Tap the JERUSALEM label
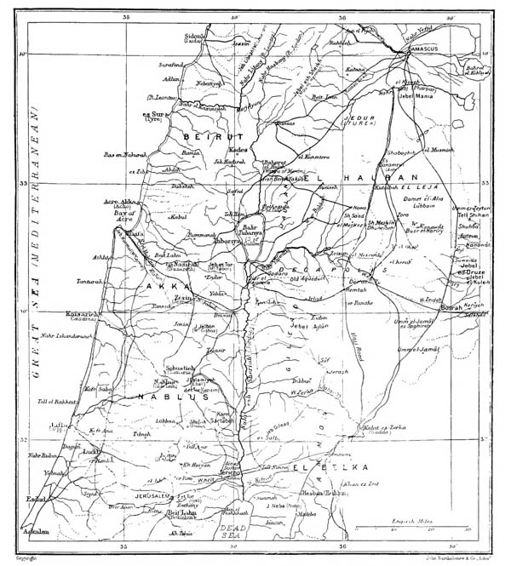[x=154, y=495]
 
